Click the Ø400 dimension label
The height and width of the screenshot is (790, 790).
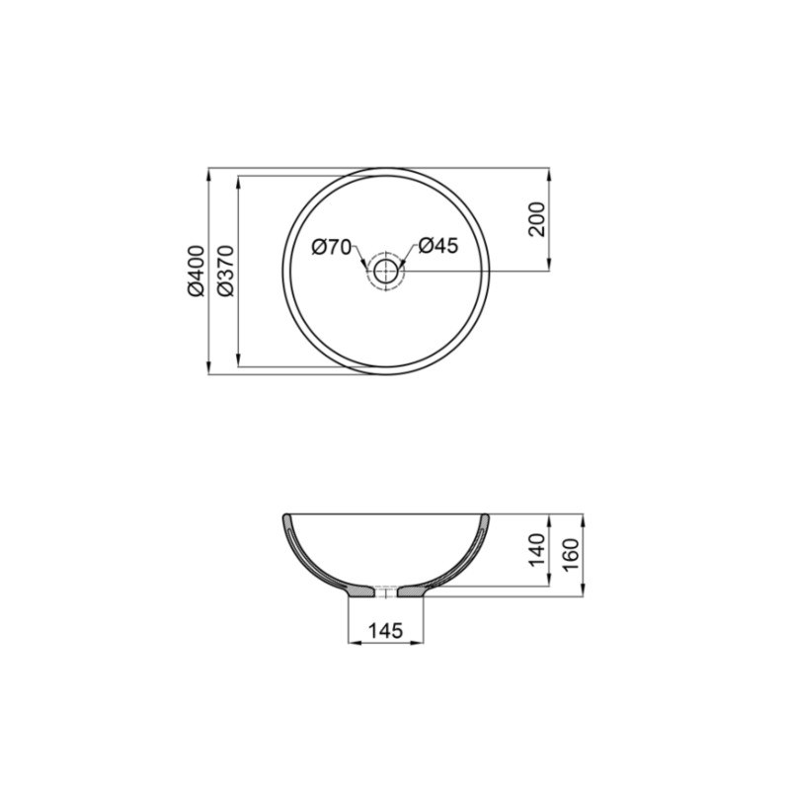195,272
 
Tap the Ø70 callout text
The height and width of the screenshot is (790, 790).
332,247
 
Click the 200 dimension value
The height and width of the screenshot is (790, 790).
536,219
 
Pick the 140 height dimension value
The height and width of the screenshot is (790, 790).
536,550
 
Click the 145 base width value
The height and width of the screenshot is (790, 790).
385,630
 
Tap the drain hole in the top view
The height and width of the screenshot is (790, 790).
385,270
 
